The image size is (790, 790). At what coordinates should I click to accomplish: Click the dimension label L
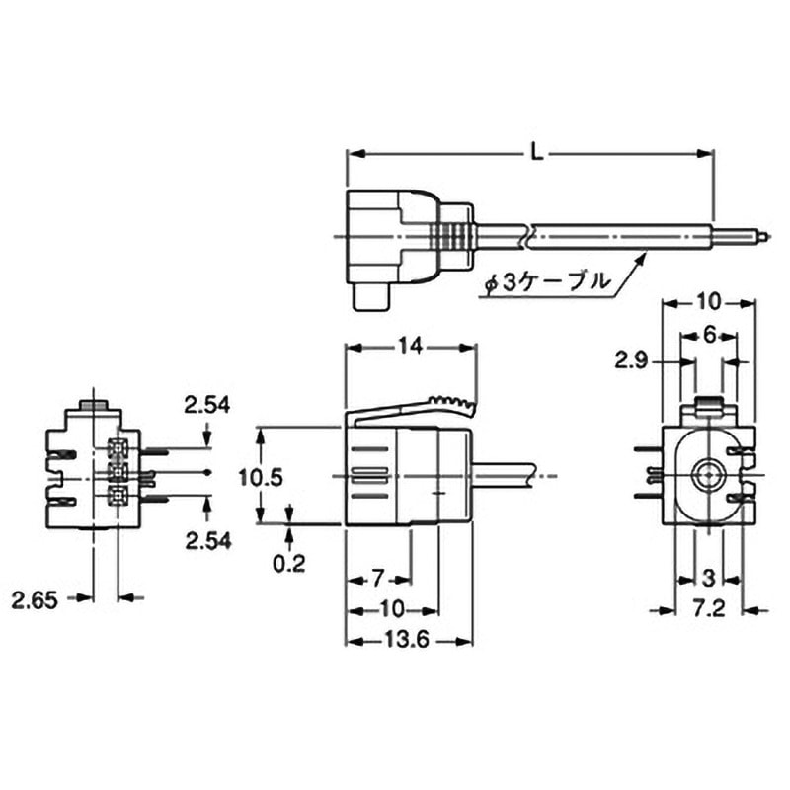tap(537, 153)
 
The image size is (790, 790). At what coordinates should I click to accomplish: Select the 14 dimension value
tap(410, 347)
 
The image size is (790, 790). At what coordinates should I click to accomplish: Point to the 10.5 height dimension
tap(261, 477)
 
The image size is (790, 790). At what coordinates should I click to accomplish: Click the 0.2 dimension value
tap(289, 564)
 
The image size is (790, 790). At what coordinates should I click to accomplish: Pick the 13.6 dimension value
tap(407, 640)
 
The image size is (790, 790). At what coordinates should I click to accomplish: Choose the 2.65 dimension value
tap(35, 600)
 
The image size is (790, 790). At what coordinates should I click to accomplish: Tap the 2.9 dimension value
tap(631, 360)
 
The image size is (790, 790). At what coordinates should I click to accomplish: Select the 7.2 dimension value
tap(708, 609)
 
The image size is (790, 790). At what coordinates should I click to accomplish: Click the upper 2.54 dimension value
tap(206, 405)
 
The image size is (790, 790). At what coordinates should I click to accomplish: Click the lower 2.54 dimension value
tap(208, 540)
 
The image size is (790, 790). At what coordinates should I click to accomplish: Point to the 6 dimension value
tap(709, 335)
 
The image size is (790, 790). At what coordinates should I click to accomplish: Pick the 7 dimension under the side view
tap(378, 579)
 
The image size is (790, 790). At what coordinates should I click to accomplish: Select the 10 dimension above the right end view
tap(708, 302)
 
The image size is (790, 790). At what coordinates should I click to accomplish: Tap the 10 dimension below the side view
tap(392, 610)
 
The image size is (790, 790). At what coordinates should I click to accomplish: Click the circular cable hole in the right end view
tap(708, 475)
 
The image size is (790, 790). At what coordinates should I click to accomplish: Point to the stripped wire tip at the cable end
tap(762, 235)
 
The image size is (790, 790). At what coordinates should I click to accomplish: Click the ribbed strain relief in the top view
tap(453, 236)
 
